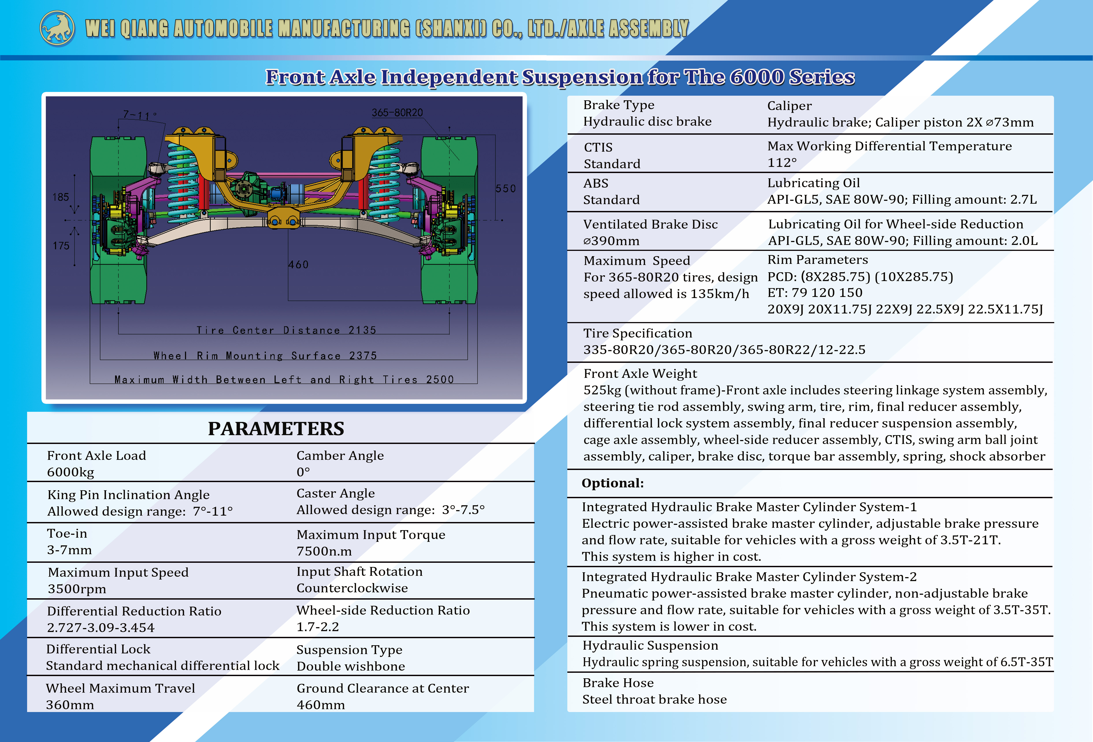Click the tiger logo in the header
pos(57,28)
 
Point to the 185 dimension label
pos(61,197)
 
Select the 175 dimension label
pos(61,246)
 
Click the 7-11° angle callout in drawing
pos(140,115)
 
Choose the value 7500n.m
pos(324,551)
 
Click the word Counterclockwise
pos(352,588)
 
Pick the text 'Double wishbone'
pos(351,666)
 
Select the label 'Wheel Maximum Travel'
pos(120,688)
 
